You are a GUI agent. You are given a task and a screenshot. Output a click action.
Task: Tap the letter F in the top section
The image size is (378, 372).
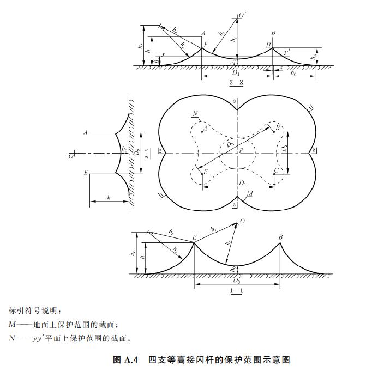[x=206, y=43]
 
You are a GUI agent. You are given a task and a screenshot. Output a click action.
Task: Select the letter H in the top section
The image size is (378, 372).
[x=268, y=44]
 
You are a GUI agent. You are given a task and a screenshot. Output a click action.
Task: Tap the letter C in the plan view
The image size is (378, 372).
[x=278, y=170]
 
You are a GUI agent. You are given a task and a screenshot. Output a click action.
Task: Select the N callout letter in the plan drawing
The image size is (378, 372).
[x=195, y=113]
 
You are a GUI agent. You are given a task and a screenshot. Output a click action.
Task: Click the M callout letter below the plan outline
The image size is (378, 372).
[x=249, y=194]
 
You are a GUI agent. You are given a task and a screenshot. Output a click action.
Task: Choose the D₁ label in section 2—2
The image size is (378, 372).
[x=236, y=72]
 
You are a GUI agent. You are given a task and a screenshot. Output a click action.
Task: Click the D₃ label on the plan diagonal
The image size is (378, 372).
[x=230, y=143]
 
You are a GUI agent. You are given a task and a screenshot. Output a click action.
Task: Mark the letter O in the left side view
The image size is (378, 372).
[x=71, y=156]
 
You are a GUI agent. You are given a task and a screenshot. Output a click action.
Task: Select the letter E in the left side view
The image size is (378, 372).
[x=86, y=173]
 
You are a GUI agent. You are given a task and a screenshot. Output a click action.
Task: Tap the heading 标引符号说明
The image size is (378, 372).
[x=36, y=310]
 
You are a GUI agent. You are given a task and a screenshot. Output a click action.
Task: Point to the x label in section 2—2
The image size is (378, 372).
[x=281, y=68]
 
